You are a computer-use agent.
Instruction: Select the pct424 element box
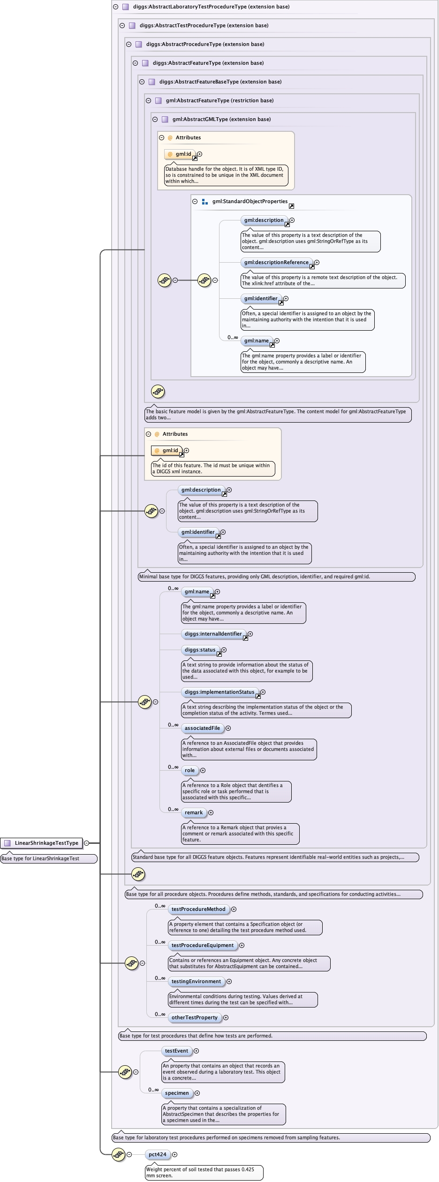(158, 1154)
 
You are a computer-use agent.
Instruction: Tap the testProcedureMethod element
(198, 909)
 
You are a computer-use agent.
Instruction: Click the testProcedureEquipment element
(202, 945)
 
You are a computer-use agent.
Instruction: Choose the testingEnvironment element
(196, 981)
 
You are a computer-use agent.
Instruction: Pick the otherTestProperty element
(194, 1017)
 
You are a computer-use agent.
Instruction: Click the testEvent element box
(176, 1051)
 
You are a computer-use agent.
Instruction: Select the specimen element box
(177, 1093)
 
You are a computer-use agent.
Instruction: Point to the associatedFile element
(202, 728)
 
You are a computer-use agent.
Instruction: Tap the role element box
(189, 770)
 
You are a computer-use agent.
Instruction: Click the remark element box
(194, 812)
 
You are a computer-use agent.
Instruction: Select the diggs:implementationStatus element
(219, 692)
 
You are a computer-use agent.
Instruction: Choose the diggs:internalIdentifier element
(213, 634)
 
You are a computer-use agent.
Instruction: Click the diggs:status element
(200, 650)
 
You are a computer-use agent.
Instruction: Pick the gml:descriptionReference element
(276, 262)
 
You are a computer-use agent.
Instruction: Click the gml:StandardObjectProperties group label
(250, 201)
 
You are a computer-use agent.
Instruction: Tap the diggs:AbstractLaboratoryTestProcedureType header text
(211, 7)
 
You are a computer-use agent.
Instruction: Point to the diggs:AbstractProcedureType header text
(205, 44)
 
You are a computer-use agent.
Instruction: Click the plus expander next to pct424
(175, 1154)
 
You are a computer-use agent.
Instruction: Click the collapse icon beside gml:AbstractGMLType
(155, 119)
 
